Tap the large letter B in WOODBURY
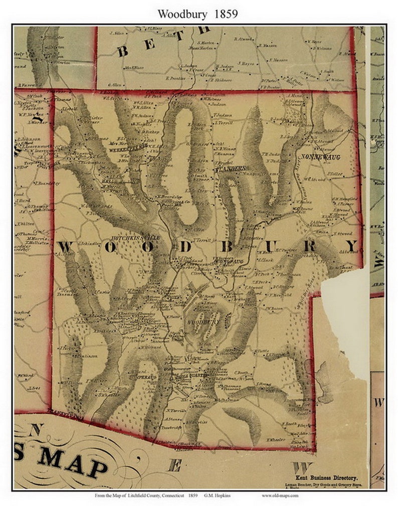tap(228, 247)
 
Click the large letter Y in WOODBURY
tap(352, 246)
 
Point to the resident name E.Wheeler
tap(276, 440)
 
